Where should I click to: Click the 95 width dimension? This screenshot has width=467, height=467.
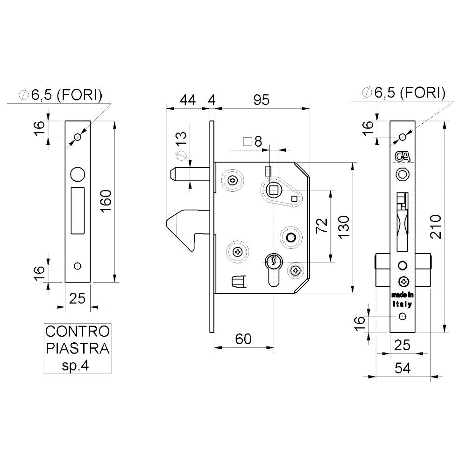tap(261, 100)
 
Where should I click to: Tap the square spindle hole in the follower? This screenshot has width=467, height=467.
tap(272, 190)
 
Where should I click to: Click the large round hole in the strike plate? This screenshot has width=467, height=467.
tap(78, 174)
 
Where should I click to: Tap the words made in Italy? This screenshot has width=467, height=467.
tap(402, 300)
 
